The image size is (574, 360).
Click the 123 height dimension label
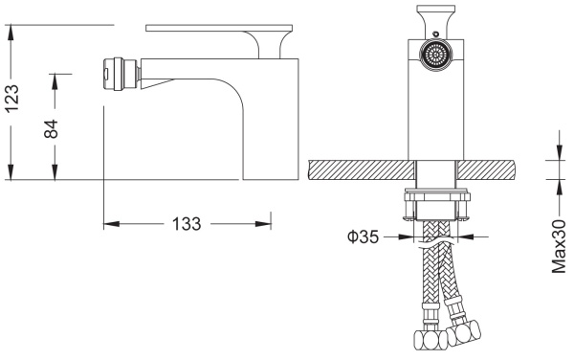point(12,99)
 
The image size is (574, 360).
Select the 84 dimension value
point(51,128)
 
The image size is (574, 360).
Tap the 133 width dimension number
point(187,224)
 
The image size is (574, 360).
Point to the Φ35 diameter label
point(363,236)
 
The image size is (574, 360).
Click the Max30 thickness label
point(559,246)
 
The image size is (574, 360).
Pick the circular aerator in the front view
point(435,56)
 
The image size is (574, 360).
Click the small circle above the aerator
point(435,34)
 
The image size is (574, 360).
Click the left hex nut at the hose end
point(430,340)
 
